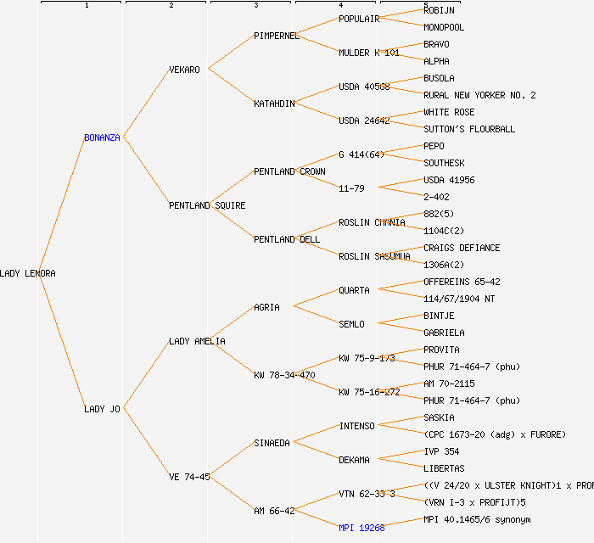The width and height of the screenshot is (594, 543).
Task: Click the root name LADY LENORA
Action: pyautogui.click(x=28, y=273)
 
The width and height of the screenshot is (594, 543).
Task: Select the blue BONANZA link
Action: pyautogui.click(x=102, y=137)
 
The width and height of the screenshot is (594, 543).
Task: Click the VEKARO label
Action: pyautogui.click(x=184, y=70)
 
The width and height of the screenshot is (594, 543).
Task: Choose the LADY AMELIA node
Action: pyautogui.click(x=197, y=341)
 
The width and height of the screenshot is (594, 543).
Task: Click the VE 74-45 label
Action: pyautogui.click(x=189, y=477)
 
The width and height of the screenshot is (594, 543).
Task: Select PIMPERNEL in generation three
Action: pyautogui.click(x=277, y=36)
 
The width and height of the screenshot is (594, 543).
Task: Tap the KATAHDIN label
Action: pyautogui.click(x=274, y=104)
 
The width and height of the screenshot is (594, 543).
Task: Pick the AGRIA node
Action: pyautogui.click(x=266, y=307)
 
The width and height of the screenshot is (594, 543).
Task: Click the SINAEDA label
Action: pyautogui.click(x=272, y=443)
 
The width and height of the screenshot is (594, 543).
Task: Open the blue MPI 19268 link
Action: pyautogui.click(x=361, y=528)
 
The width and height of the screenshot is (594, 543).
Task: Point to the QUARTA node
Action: pyautogui.click(x=354, y=290)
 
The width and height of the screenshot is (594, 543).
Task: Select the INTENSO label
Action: pyautogui.click(x=356, y=426)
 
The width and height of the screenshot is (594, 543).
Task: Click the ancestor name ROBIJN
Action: pyautogui.click(x=439, y=10)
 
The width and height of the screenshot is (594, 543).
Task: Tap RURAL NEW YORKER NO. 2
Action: pyautogui.click(x=479, y=95)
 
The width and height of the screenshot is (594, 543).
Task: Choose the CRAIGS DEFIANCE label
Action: pyautogui.click(x=462, y=248)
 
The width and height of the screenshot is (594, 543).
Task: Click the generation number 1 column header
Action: pyautogui.click(x=86, y=6)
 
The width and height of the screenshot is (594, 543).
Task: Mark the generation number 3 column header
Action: pyautogui.click(x=255, y=6)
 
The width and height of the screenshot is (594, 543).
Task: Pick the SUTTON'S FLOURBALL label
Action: pyautogui.click(x=469, y=129)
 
